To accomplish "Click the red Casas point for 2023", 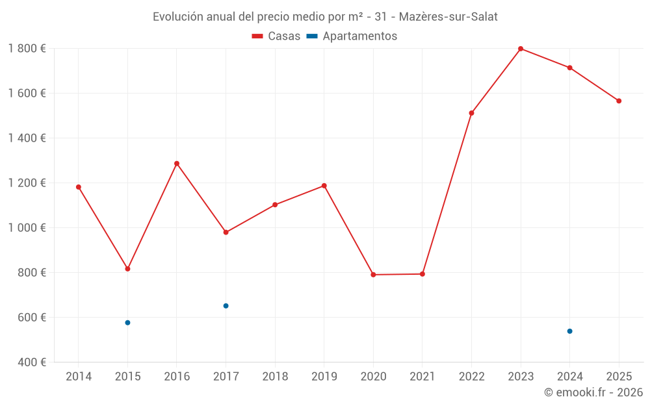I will [x=521, y=49].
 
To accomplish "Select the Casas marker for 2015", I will [x=127, y=269].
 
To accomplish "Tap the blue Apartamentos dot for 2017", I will [x=226, y=306].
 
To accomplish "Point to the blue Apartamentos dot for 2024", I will [x=569, y=331].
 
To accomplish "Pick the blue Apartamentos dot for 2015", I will [x=127, y=323].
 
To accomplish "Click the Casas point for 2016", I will [x=177, y=164].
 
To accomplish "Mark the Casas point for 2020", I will [x=373, y=275].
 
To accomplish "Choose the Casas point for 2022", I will [x=471, y=113].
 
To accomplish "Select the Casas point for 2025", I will [x=619, y=101].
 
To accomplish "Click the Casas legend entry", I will [x=276, y=36].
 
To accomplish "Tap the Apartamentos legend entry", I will [x=352, y=36].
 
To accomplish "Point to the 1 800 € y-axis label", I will [x=27, y=49].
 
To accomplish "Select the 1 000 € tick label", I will [x=27, y=228].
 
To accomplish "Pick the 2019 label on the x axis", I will [x=324, y=377].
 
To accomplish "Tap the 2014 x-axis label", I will [x=79, y=377].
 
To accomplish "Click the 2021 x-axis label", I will [x=422, y=377].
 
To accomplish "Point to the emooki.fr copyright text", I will [x=593, y=392].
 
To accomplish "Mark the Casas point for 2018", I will [x=275, y=205].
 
